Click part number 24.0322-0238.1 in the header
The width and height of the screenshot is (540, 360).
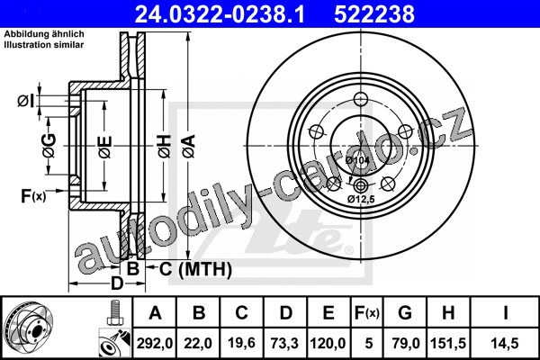pos(220,14)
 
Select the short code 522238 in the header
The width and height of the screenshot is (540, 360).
pos(374,14)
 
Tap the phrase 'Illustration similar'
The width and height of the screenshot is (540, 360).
pos(44,45)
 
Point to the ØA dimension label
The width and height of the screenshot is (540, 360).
pos(189,147)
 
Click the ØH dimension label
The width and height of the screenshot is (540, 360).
pos(165,147)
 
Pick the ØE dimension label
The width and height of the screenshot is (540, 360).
pos(105,147)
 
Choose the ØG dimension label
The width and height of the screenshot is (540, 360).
pos(49,146)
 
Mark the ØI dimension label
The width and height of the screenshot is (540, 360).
pos(26,102)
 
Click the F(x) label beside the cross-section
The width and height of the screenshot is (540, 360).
pos(33,196)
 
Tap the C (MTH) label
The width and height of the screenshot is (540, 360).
pos(195,269)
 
